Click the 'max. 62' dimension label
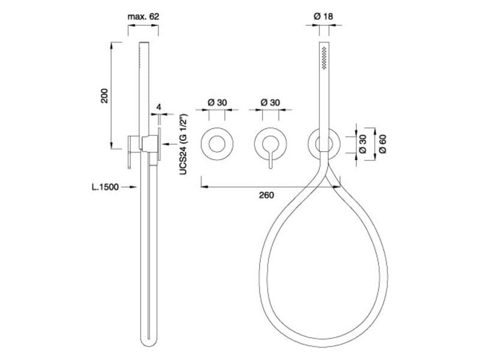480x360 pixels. tap(143, 17)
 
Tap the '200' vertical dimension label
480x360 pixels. tap(104, 96)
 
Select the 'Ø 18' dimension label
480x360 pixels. tap(323, 16)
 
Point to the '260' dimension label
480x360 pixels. tap(266, 195)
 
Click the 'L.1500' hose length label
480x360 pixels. tap(106, 187)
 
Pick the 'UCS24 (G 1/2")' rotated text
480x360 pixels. tap(183, 145)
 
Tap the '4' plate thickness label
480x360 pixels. tap(158, 107)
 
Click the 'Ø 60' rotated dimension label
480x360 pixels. tap(383, 144)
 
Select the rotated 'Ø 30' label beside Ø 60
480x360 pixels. tap(362, 144)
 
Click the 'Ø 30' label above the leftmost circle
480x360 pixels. tap(217, 102)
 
